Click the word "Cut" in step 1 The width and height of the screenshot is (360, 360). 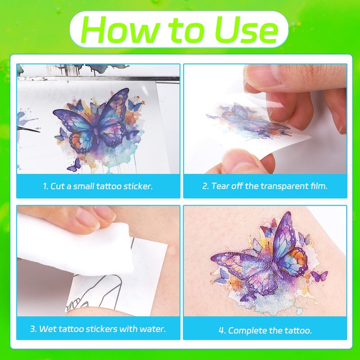(58, 186)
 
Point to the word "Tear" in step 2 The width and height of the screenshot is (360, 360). (220, 186)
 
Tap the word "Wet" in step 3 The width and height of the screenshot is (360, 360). (47, 329)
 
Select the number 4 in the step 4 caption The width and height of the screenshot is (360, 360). (221, 331)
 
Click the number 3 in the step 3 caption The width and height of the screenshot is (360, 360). (33, 329)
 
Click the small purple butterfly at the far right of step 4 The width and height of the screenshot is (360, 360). (319, 275)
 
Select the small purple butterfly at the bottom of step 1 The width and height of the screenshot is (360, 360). (74, 165)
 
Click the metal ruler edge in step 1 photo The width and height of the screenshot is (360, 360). (98, 79)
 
